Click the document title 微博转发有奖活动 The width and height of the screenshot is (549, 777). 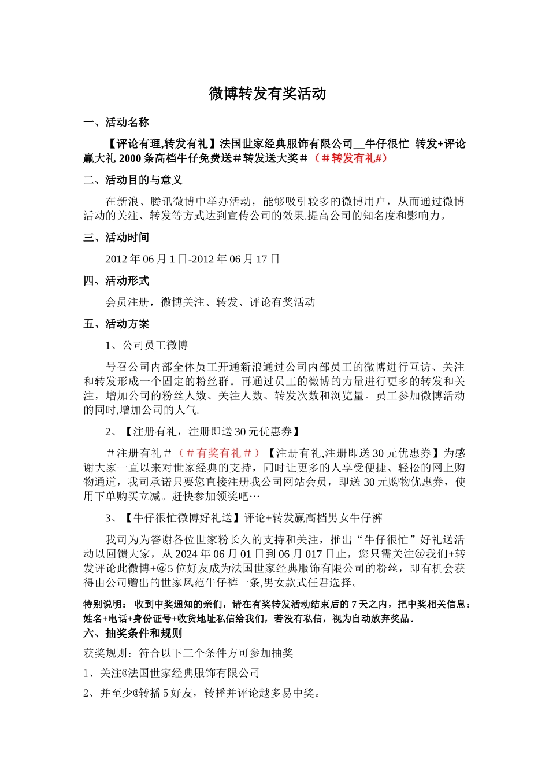pyautogui.click(x=268, y=94)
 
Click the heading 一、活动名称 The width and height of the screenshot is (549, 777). pyautogui.click(x=116, y=123)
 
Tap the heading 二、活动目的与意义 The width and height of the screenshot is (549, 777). pyautogui.click(x=133, y=180)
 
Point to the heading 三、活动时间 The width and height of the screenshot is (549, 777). pyautogui.click(x=116, y=238)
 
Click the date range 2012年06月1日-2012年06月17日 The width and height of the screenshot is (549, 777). pyautogui.click(x=192, y=259)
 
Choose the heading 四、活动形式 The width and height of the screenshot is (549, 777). pyautogui.click(x=116, y=281)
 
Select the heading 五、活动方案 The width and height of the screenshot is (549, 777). pyautogui.click(x=116, y=324)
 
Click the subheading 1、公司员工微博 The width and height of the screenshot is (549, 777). pyautogui.click(x=147, y=345)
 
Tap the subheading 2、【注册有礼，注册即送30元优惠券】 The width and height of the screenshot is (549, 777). pyautogui.click(x=203, y=431)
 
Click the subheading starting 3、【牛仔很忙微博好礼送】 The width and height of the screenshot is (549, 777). pyautogui.click(x=244, y=517)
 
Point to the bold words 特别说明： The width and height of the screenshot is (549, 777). pyautogui.click(x=105, y=604)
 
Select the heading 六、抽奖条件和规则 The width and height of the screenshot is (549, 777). pyautogui.click(x=133, y=633)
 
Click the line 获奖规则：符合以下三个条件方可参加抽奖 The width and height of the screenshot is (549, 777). pyautogui.click(x=188, y=653)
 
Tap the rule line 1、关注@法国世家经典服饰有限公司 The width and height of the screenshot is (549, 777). pyautogui.click(x=172, y=673)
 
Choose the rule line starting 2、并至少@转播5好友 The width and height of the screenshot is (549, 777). pyautogui.click(x=202, y=693)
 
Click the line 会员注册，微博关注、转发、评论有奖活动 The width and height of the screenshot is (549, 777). pyautogui.click(x=210, y=302)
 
